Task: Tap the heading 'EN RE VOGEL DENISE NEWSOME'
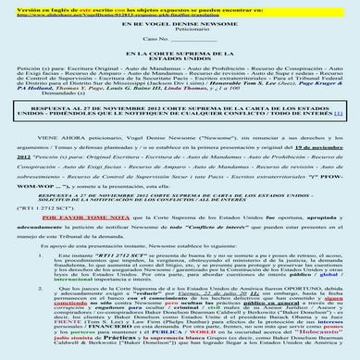pos(180,30)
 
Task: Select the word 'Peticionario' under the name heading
pos(180,37)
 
